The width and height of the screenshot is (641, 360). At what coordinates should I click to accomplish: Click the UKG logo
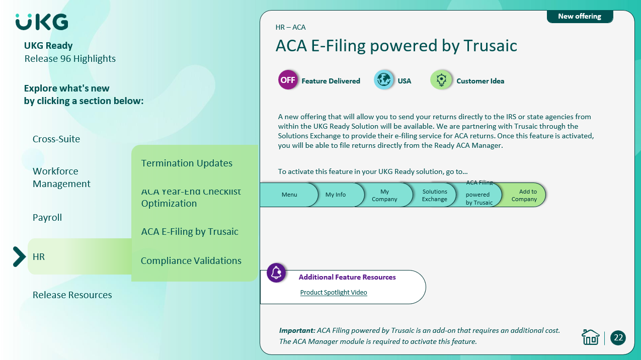click(42, 22)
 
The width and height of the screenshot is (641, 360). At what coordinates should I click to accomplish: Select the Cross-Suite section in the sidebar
click(56, 139)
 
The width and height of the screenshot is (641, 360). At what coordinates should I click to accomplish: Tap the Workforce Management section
click(61, 177)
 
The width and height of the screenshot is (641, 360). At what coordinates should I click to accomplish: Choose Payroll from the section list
click(47, 218)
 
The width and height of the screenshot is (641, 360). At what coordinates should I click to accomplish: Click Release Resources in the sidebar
click(72, 295)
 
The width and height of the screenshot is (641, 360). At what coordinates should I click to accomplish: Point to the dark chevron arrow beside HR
click(20, 256)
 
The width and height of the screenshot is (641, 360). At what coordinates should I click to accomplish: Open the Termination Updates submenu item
click(187, 163)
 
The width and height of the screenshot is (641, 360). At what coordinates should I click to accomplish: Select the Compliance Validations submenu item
click(191, 260)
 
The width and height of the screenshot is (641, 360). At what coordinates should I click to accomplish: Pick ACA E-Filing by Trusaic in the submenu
click(190, 231)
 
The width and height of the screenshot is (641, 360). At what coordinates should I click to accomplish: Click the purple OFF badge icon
click(288, 80)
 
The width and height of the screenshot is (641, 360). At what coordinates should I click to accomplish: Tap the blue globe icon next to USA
click(384, 80)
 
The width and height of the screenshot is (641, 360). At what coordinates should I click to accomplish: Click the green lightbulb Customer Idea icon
click(441, 80)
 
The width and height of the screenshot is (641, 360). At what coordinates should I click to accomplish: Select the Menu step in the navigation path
click(289, 195)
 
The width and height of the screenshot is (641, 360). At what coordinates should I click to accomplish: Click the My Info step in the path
click(336, 195)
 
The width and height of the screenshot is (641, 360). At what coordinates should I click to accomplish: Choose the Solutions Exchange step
click(434, 195)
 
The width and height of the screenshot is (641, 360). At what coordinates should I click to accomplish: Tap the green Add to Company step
click(524, 195)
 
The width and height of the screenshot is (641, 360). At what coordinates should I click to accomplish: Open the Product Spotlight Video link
click(334, 292)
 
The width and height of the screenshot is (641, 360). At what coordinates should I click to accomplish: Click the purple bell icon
click(276, 273)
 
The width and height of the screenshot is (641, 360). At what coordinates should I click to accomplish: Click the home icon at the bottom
click(590, 337)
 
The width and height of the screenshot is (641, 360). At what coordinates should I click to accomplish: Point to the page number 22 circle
click(618, 338)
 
